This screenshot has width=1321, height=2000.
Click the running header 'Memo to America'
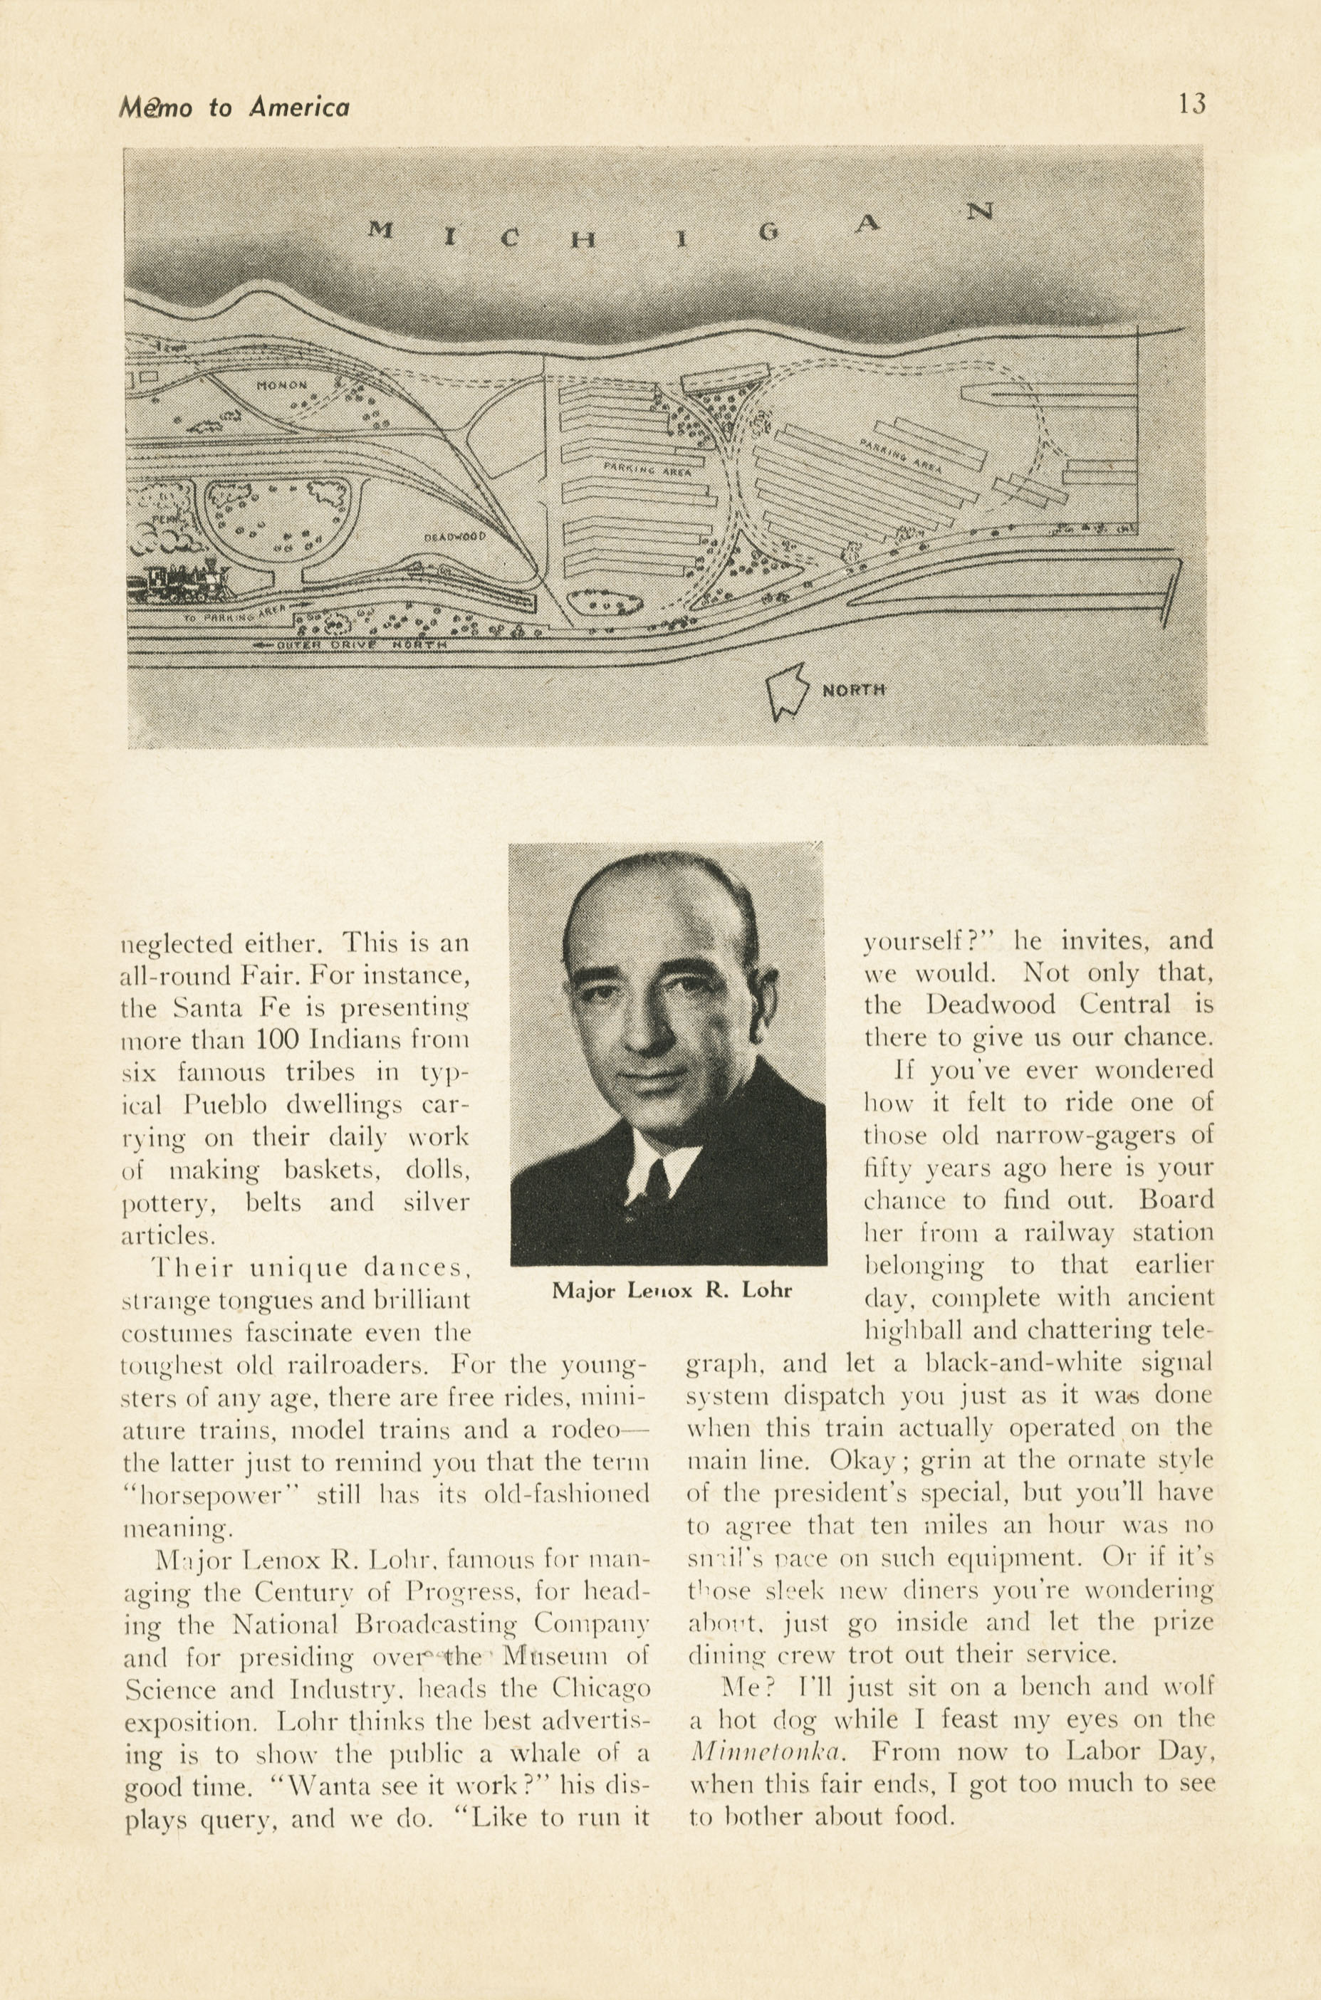tap(234, 107)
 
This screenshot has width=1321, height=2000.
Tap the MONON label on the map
tap(282, 385)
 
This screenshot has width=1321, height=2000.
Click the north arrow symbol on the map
tap(786, 690)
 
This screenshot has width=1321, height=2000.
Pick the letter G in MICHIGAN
tap(768, 234)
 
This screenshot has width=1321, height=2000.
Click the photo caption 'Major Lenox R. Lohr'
tap(672, 1290)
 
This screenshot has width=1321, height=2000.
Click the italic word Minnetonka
tap(767, 1751)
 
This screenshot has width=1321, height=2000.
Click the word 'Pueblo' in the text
tap(225, 1105)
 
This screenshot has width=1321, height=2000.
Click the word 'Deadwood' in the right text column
tap(991, 1005)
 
